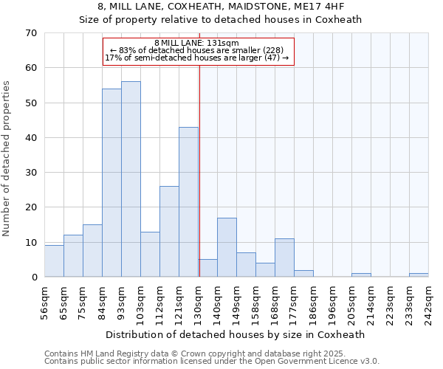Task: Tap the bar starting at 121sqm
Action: (x=188, y=202)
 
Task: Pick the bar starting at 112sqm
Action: (x=169, y=232)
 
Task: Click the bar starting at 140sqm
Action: (x=227, y=247)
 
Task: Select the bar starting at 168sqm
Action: (x=284, y=258)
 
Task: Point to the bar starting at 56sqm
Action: (x=54, y=261)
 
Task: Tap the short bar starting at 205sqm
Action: (x=361, y=275)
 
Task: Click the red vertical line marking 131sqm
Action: (x=199, y=170)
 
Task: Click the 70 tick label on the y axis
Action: (x=31, y=33)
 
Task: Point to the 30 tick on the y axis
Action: (x=31, y=173)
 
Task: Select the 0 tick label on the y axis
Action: (x=34, y=277)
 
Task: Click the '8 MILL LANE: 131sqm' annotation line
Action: (x=197, y=43)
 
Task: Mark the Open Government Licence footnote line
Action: (x=212, y=362)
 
